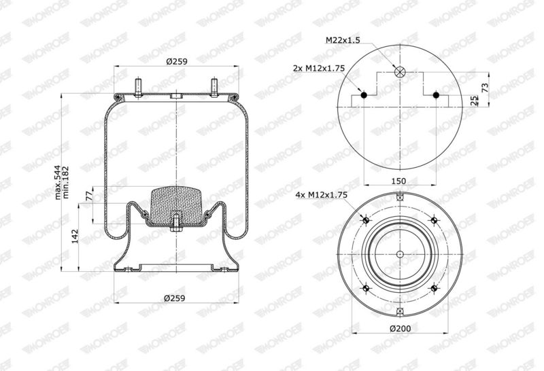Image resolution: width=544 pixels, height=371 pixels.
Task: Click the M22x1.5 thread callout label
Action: click(x=343, y=40)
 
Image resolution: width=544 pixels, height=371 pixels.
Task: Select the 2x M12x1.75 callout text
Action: click(x=319, y=69)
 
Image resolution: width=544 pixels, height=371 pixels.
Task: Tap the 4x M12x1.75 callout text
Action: click(x=321, y=195)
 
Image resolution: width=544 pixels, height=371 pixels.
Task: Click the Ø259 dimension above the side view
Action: click(x=177, y=61)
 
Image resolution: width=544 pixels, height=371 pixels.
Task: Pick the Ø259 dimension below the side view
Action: click(x=175, y=298)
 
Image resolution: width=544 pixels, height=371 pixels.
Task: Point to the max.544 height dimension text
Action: click(x=58, y=182)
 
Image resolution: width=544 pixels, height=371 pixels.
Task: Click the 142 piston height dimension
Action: click(x=75, y=236)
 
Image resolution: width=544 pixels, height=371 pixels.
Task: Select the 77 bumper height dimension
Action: click(x=89, y=196)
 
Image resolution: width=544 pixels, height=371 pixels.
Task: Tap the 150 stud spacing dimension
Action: click(x=398, y=181)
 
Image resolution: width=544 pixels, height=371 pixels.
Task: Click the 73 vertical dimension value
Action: click(x=485, y=86)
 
